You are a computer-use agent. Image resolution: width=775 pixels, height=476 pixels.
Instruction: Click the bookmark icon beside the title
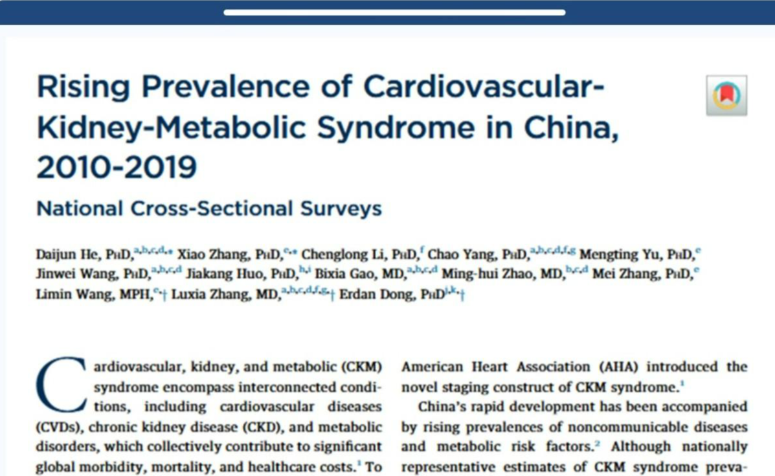coord(726,95)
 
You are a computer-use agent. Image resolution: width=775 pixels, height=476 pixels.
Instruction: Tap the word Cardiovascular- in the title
coord(484,87)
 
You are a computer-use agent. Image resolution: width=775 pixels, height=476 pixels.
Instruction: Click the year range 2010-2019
coord(117,167)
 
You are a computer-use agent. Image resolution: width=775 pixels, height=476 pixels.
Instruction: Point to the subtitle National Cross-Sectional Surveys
coord(209,209)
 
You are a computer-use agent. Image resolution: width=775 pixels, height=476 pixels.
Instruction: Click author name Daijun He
coord(67,255)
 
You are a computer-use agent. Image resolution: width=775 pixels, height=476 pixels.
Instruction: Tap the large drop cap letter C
coord(60,384)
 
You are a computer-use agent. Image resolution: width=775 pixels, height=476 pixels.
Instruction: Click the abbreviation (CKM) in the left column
coord(361,367)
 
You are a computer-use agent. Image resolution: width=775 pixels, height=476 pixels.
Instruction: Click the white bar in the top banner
coord(394,12)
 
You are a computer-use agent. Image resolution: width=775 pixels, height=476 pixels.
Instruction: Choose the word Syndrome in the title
coord(396,128)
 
